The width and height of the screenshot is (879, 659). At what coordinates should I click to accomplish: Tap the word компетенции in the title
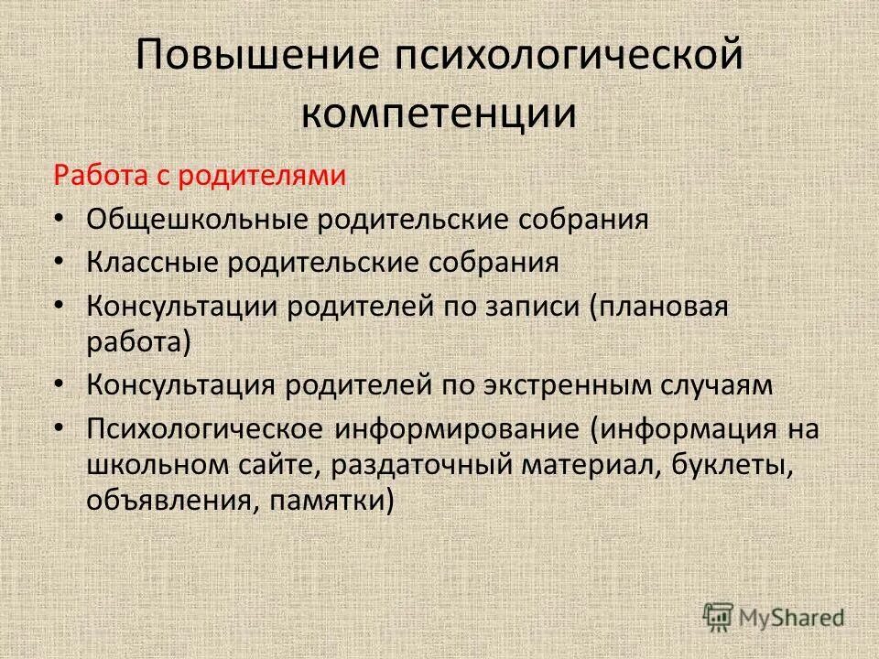[x=439, y=114]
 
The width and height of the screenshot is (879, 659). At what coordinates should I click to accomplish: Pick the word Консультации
[x=182, y=306]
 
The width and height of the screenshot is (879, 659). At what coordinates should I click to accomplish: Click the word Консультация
[x=181, y=385]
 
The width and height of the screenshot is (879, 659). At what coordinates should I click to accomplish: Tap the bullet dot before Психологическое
[x=59, y=428]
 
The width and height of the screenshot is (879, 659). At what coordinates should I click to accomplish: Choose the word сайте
[x=277, y=466]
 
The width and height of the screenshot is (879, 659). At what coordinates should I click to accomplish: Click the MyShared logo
[x=774, y=617]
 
